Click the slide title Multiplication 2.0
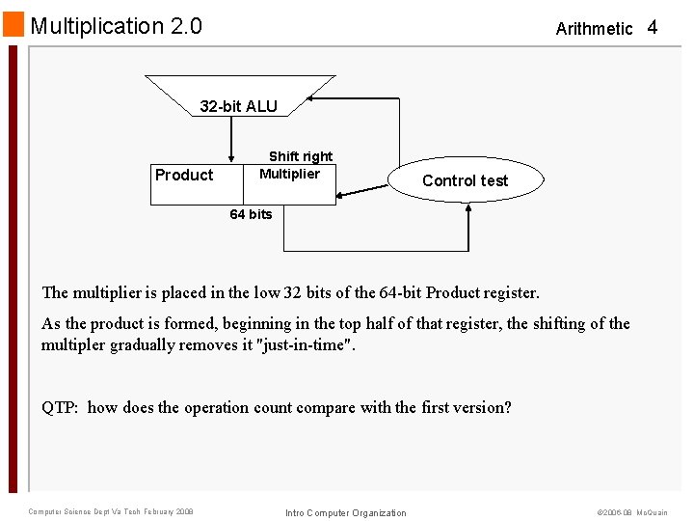[x=117, y=26]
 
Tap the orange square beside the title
[x=13, y=24]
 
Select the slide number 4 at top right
[x=653, y=27]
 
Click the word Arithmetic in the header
[x=594, y=29]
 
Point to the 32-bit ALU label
[x=238, y=106]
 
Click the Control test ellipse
[x=466, y=180]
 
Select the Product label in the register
[x=184, y=175]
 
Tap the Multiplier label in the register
[x=289, y=174]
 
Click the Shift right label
[x=301, y=156]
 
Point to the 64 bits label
[x=251, y=214]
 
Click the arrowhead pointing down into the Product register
[x=231, y=158]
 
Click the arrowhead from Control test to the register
[x=343, y=195]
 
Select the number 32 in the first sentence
[x=293, y=292]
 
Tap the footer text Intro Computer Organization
[x=346, y=513]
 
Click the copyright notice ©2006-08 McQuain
[x=632, y=512]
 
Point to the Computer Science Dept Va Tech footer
[x=111, y=511]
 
